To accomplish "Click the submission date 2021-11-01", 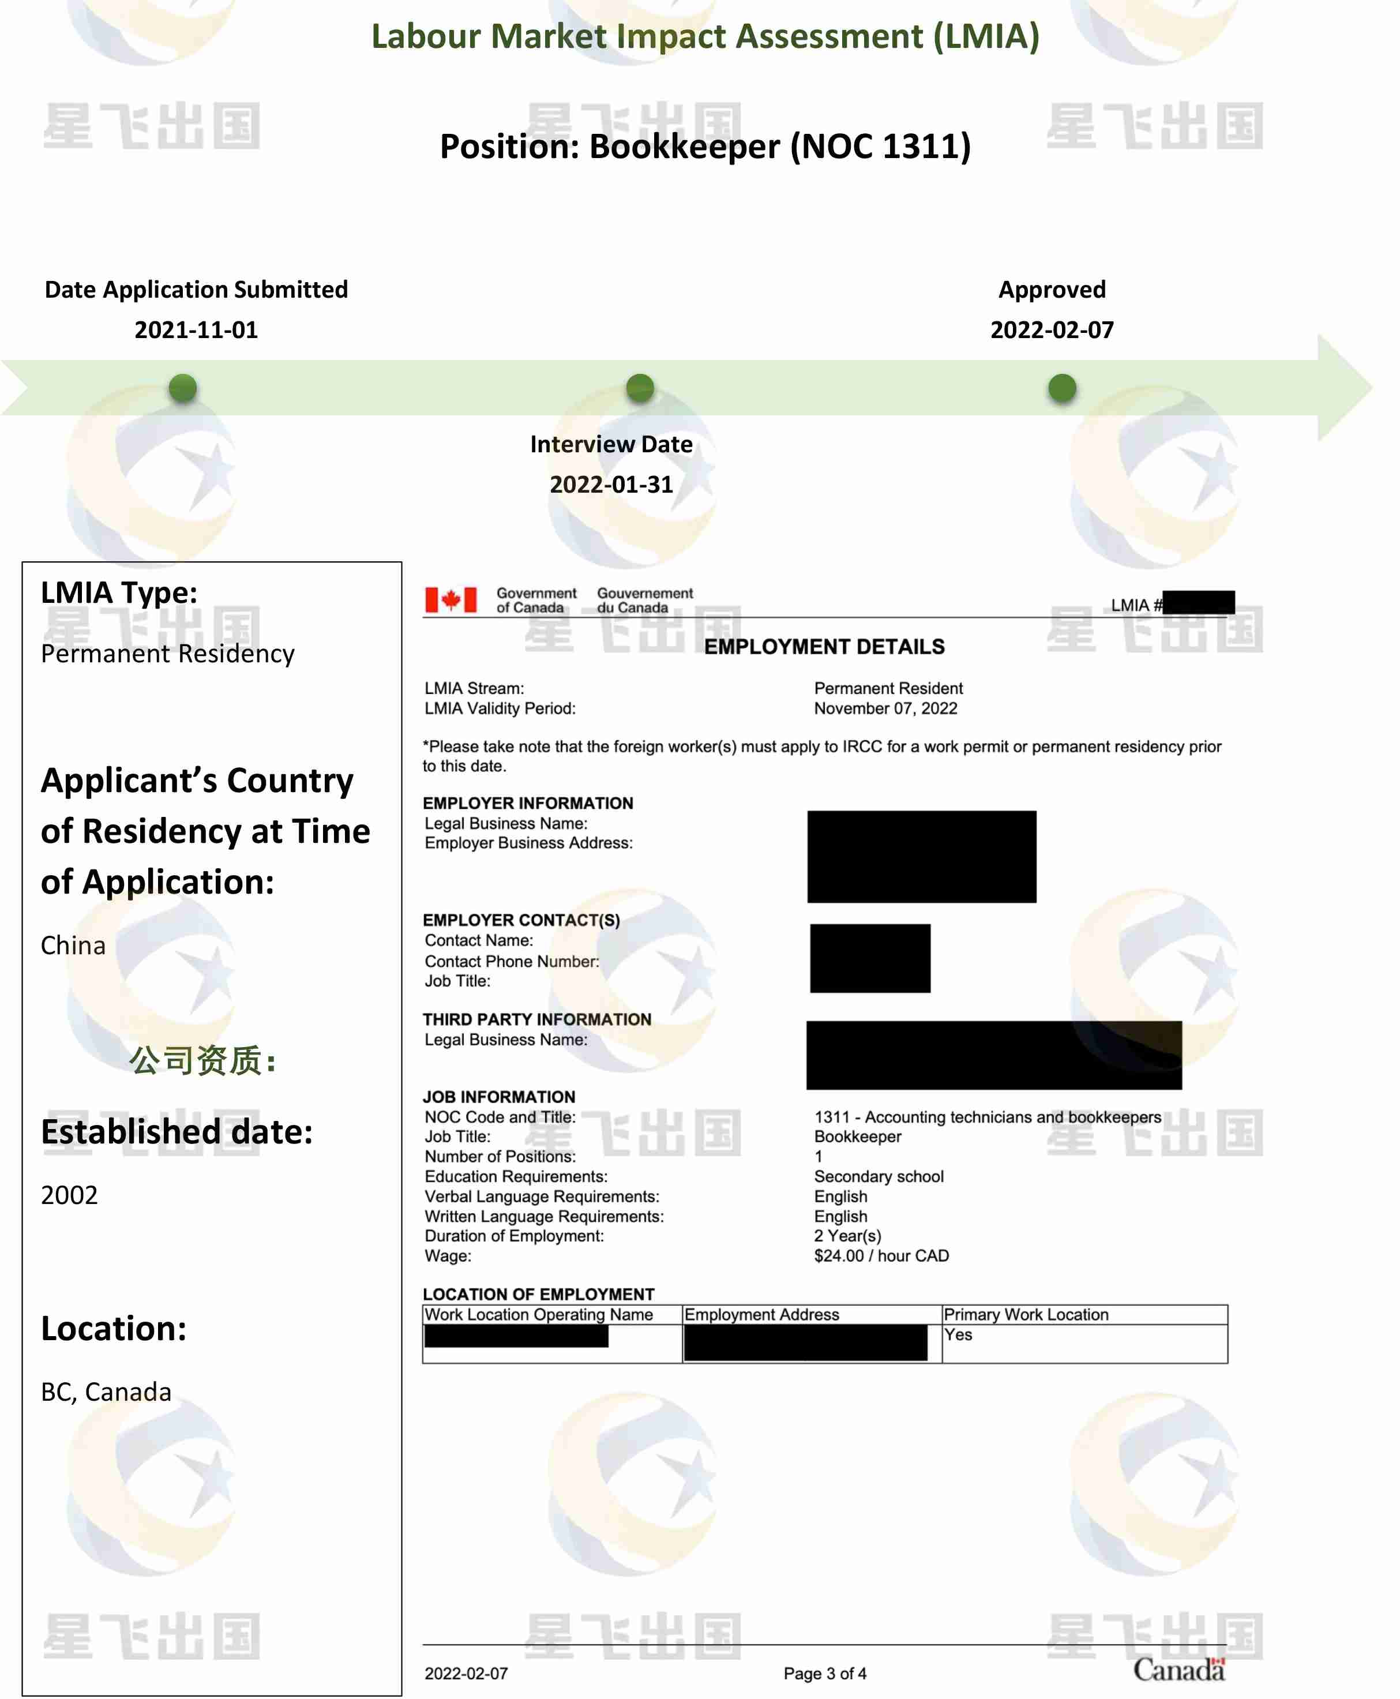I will [x=196, y=330].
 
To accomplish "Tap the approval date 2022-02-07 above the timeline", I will [x=1052, y=330].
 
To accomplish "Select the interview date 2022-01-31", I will [x=611, y=485].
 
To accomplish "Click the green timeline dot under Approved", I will [x=1061, y=388].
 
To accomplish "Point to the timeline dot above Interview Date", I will [x=640, y=388].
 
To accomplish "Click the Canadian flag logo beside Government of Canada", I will [x=451, y=600].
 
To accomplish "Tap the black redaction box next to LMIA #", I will [x=1198, y=602].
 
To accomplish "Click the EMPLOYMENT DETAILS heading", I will [x=824, y=647].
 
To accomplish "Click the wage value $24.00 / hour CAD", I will [x=881, y=1255].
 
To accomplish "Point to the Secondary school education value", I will [x=878, y=1176].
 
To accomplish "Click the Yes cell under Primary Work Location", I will [x=958, y=1334].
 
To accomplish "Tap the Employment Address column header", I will [x=762, y=1314].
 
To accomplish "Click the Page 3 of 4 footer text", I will [x=825, y=1673].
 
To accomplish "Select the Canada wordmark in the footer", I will [x=1178, y=1669].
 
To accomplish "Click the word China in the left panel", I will [x=73, y=945].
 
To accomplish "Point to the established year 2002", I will [x=69, y=1195].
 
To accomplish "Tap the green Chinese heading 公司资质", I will [x=202, y=1060].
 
